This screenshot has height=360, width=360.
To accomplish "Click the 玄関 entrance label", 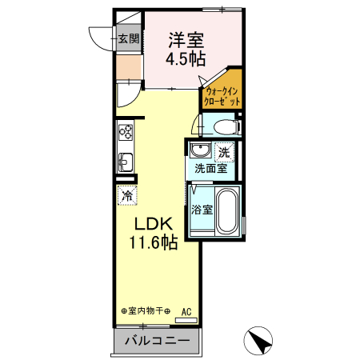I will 128,38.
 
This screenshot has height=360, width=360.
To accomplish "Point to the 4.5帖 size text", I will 186,58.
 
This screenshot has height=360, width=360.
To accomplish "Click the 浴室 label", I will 202,210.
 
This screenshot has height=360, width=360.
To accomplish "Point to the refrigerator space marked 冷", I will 126,194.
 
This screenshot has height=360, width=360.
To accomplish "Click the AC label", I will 186,311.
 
